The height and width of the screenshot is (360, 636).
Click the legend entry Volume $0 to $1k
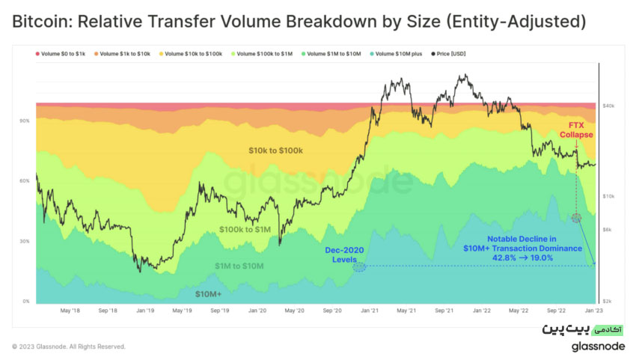pos(61,54)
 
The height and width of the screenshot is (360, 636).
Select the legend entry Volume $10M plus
pos(396,54)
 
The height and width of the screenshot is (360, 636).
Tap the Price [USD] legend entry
pos(448,54)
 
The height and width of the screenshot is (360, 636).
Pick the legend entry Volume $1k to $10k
pos(122,54)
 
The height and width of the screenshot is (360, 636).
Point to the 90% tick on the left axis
pos(25,121)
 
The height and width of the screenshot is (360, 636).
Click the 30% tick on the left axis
pos(25,242)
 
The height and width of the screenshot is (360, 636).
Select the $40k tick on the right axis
pos(608,106)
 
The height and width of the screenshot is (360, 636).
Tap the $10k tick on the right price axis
pos(608,196)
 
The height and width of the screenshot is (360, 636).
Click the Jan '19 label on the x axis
pos(145,311)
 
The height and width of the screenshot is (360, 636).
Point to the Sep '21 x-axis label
pos(444,311)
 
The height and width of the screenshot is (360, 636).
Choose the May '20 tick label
pos(295,311)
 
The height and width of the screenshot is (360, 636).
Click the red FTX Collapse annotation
pos(576,130)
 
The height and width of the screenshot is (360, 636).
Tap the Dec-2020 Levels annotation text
pos(344,255)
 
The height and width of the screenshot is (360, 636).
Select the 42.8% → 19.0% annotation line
pos(522,258)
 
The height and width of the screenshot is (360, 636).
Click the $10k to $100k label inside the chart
pos(276,150)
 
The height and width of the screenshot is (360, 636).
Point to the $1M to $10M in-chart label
pos(239,266)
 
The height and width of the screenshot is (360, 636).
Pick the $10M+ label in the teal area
pos(208,294)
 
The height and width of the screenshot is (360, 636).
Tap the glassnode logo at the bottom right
pos(599,347)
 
